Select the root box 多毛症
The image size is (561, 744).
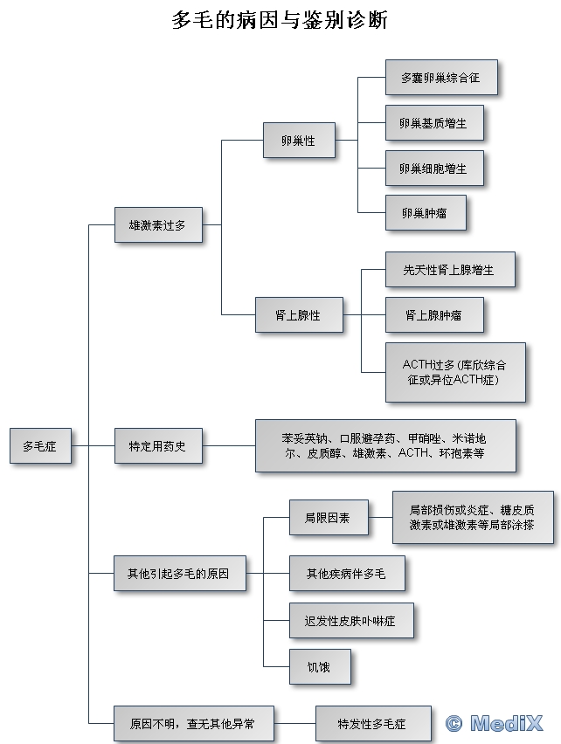click(40, 445)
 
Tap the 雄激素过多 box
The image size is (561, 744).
click(157, 224)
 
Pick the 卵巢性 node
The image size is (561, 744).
click(299, 140)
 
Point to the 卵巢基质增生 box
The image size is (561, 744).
click(433, 123)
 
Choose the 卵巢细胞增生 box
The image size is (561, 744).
click(433, 168)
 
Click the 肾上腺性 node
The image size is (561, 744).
click(298, 314)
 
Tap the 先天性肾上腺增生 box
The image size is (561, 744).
click(449, 270)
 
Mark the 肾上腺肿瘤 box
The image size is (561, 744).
click(433, 314)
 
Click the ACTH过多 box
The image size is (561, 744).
click(454, 372)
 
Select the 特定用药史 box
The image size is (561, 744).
click(157, 445)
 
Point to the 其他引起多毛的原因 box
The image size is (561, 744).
click(179, 573)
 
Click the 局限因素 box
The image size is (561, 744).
click(328, 518)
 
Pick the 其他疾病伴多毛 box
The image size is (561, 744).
click(346, 574)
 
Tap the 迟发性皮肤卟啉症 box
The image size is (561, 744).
click(350, 620)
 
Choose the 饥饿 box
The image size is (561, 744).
click(320, 666)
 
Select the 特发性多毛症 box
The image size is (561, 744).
click(372, 724)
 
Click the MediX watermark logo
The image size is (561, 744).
click(494, 723)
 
